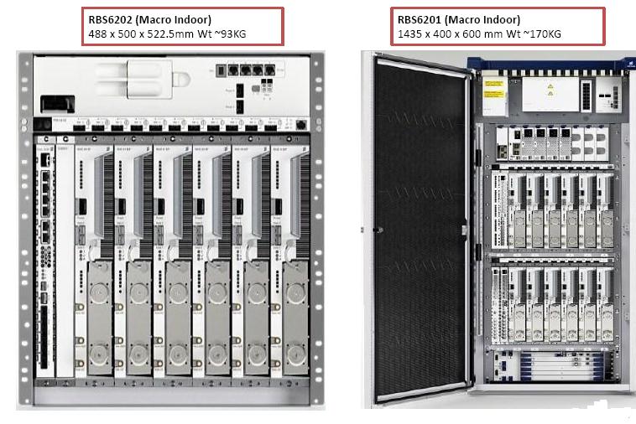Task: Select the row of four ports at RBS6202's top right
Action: point(245,71)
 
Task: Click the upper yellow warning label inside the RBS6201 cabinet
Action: point(495,93)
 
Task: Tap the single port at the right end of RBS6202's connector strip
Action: point(302,125)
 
